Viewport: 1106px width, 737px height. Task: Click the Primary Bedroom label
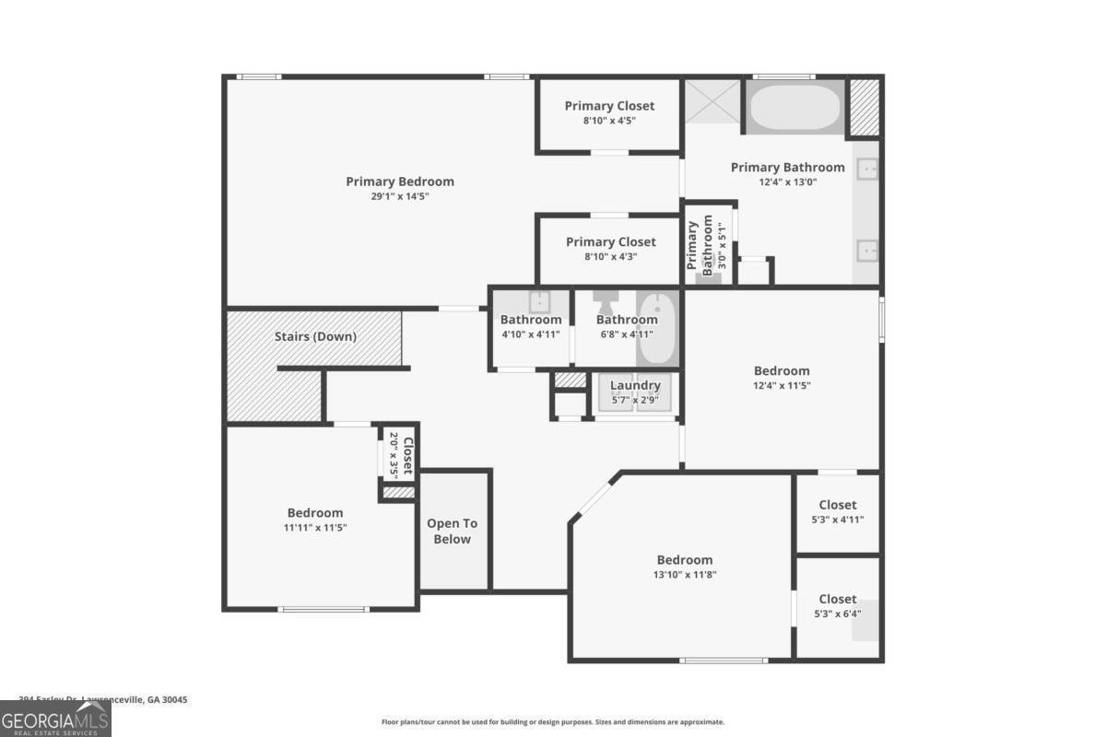400,181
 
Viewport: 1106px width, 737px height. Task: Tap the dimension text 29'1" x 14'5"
400,196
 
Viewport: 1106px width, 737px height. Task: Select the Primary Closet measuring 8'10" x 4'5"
609,112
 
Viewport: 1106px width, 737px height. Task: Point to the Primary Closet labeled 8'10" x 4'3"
610,249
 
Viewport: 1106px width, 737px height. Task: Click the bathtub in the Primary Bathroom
794,108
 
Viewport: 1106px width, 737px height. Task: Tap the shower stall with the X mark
712,101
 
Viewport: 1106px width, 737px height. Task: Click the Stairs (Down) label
315,336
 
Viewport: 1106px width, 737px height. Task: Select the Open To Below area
453,532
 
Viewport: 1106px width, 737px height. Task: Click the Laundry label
635,385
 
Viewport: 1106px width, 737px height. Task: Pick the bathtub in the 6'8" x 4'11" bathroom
657,329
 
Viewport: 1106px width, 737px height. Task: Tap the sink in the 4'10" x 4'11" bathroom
539,301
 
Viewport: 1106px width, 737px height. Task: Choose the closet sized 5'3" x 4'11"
838,512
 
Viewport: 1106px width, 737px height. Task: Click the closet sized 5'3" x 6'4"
838,606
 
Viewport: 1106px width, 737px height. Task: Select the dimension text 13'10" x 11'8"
685,575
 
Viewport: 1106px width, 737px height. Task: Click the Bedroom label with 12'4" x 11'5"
782,371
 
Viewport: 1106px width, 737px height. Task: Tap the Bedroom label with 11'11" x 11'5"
315,513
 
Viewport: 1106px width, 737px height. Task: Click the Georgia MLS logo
55,719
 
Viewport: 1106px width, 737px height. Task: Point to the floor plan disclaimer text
553,722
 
